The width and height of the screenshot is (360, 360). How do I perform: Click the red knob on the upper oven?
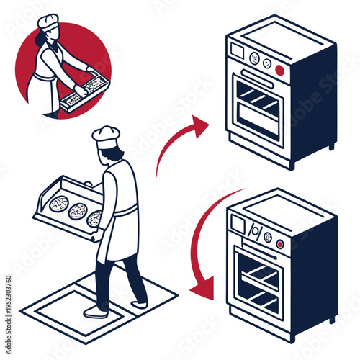tap(279, 71)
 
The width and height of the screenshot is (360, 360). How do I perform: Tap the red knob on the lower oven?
tap(279, 244)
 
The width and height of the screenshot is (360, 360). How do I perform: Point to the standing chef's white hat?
tap(106, 136)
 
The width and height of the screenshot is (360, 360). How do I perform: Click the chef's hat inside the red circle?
tap(48, 21)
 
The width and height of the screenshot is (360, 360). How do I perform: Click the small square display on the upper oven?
tap(238, 51)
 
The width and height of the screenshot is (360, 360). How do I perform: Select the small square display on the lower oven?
tap(238, 224)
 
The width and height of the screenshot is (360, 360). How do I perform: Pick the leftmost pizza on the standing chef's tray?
tap(59, 204)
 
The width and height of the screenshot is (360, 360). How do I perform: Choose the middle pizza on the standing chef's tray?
tap(77, 211)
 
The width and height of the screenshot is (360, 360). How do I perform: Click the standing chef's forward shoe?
tap(96, 312)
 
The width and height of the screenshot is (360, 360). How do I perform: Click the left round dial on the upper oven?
tap(253, 58)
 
